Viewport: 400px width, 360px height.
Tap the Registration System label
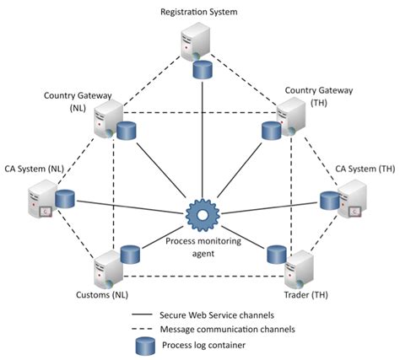[199, 12]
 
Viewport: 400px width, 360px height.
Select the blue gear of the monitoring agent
[203, 215]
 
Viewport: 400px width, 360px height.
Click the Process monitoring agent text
[203, 247]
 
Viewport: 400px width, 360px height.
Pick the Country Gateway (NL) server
[108, 120]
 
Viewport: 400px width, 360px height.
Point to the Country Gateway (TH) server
[291, 116]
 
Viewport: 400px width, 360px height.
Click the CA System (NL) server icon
[42, 199]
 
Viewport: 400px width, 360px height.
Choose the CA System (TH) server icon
[352, 199]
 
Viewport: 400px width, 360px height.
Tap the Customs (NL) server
[108, 269]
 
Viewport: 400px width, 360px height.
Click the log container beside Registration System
[203, 70]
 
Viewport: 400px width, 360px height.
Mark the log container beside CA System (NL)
[65, 199]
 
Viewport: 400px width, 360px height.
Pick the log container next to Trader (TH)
[277, 255]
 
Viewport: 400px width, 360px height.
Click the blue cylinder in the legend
[145, 347]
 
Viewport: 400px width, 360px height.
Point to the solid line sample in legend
[142, 314]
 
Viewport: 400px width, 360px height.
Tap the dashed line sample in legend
[142, 329]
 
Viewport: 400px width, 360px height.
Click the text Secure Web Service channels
[217, 315]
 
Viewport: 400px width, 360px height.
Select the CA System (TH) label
[365, 169]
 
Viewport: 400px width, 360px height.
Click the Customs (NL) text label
[102, 295]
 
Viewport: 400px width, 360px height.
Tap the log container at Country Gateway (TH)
[272, 131]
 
